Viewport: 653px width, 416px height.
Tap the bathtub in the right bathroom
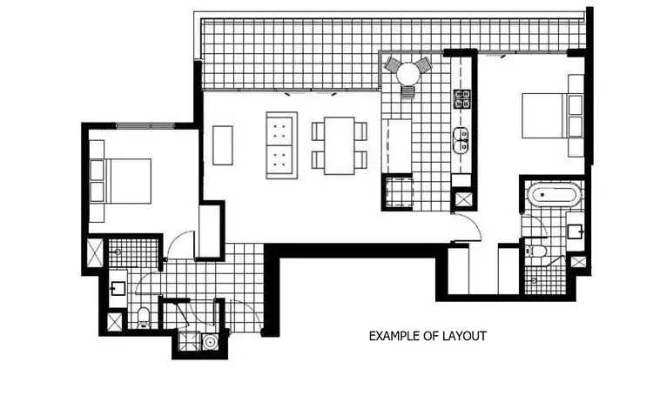tap(552, 196)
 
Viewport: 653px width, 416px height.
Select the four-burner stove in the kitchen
tap(461, 97)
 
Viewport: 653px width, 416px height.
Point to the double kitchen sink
tap(461, 139)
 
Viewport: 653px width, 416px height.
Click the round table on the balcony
tap(407, 75)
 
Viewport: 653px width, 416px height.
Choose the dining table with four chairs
tap(340, 145)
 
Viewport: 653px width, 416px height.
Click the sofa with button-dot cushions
tap(281, 145)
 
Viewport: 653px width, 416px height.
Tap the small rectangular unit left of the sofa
tap(223, 145)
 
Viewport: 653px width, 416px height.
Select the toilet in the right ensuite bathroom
tap(539, 251)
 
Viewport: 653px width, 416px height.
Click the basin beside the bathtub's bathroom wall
tap(575, 231)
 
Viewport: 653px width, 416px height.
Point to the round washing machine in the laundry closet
tap(209, 342)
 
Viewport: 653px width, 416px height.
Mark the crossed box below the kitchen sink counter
tap(463, 199)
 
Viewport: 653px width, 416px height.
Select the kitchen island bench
tap(398, 146)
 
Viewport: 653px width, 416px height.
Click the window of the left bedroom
tap(145, 127)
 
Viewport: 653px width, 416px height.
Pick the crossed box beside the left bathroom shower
tap(94, 255)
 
